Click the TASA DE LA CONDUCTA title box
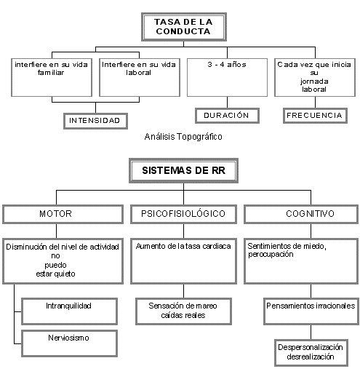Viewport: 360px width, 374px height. [x=184, y=27]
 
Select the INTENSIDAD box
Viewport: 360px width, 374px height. [x=95, y=121]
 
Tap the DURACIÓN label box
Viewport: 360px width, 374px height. [x=227, y=116]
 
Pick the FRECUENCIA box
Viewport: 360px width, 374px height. [x=315, y=116]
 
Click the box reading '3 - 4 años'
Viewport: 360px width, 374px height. [x=227, y=77]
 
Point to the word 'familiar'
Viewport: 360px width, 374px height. [x=51, y=73]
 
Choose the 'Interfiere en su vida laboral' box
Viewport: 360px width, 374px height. [x=140, y=77]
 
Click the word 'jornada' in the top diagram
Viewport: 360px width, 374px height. [x=314, y=81]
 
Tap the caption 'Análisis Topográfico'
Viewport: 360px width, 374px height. [x=183, y=137]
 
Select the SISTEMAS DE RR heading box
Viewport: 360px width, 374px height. [x=183, y=170]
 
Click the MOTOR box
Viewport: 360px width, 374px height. [x=63, y=214]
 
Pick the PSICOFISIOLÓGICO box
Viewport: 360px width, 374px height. [x=183, y=214]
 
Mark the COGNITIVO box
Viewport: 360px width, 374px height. [x=301, y=214]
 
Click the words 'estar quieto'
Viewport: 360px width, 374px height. [x=55, y=274]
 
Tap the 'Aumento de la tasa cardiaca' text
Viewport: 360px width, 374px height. [x=183, y=246]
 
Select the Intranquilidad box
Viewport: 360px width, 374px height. [x=69, y=311]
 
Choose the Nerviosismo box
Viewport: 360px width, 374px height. [x=69, y=343]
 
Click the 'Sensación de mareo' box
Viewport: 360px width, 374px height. [x=183, y=311]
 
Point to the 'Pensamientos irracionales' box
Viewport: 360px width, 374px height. [x=311, y=311]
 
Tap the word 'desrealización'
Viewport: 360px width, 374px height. [x=311, y=357]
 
